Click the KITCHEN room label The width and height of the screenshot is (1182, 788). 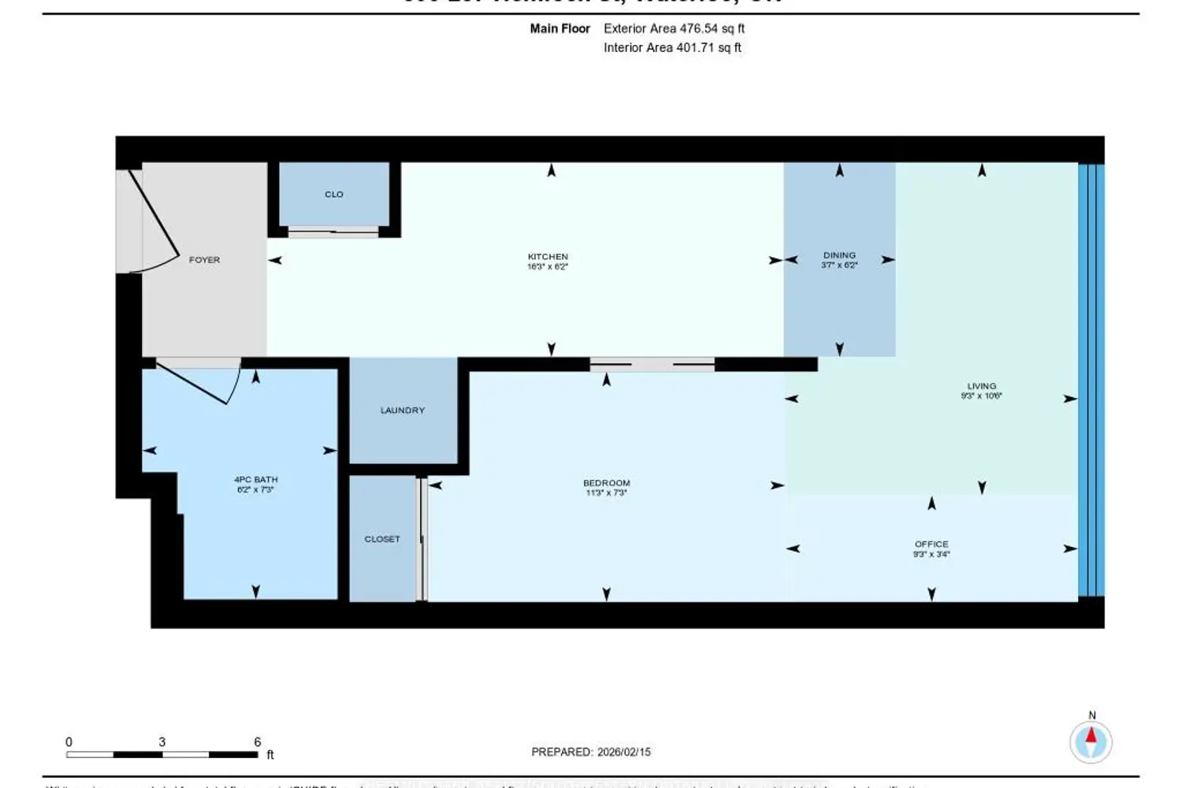[548, 257]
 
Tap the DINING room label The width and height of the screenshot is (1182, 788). [839, 255]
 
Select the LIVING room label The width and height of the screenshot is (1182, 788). [981, 386]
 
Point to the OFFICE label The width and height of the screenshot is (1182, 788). [931, 544]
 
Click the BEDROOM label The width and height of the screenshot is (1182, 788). [606, 483]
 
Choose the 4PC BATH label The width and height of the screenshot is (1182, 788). [255, 479]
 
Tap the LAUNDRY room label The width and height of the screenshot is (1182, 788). [402, 411]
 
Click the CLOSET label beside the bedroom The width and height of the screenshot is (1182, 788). [382, 539]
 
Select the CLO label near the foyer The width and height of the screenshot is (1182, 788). [334, 194]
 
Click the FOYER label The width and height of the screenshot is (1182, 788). [204, 259]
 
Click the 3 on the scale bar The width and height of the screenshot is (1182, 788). [162, 742]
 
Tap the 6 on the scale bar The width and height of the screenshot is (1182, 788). [257, 742]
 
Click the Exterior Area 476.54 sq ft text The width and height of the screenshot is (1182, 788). [674, 28]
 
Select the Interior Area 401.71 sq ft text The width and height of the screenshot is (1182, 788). [672, 47]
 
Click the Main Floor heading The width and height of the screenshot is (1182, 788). [559, 28]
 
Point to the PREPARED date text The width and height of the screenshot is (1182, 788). [591, 752]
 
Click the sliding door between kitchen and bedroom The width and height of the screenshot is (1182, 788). [652, 364]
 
